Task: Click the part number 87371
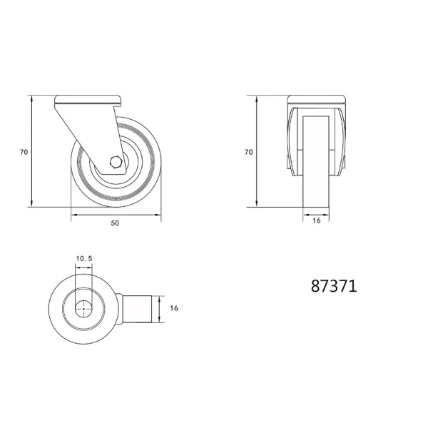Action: pos(334,286)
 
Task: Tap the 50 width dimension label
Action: pos(115,223)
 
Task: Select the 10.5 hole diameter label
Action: pos(84,258)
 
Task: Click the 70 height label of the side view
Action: pos(24,152)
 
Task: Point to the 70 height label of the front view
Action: pos(249,152)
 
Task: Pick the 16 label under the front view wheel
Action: pos(316,220)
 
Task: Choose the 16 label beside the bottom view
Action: pos(174,308)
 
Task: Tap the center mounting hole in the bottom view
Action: pos(83,309)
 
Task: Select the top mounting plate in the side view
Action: pos(88,101)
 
